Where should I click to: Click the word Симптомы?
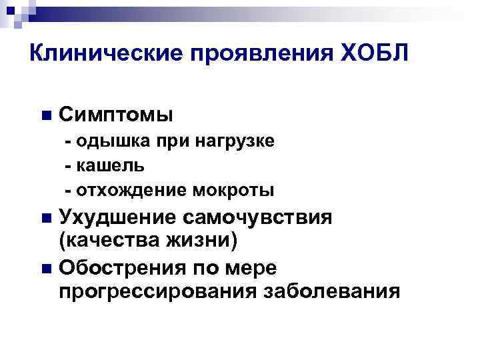(116, 115)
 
